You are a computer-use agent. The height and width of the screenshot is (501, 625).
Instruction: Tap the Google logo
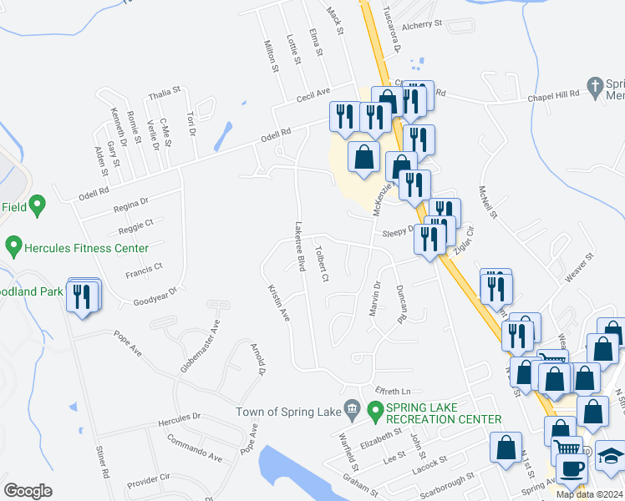(28, 491)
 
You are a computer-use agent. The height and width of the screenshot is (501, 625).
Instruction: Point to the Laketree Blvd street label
(299, 245)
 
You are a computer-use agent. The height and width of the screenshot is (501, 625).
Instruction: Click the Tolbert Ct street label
(322, 262)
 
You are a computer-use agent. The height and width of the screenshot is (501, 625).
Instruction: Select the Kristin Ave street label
(278, 302)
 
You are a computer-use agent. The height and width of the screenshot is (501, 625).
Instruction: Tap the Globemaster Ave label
(201, 346)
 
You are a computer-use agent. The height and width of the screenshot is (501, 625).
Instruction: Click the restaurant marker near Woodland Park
(83, 296)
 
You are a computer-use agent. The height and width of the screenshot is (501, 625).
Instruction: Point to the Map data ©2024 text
(589, 494)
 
